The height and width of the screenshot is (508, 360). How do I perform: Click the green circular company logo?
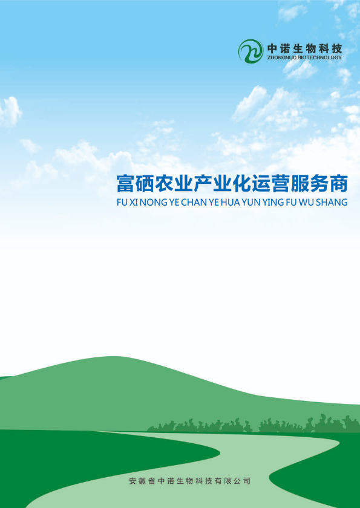coord(250,51)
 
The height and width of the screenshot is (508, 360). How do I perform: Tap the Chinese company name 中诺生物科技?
coord(304,49)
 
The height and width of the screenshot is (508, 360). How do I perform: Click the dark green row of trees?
coord(254,424)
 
